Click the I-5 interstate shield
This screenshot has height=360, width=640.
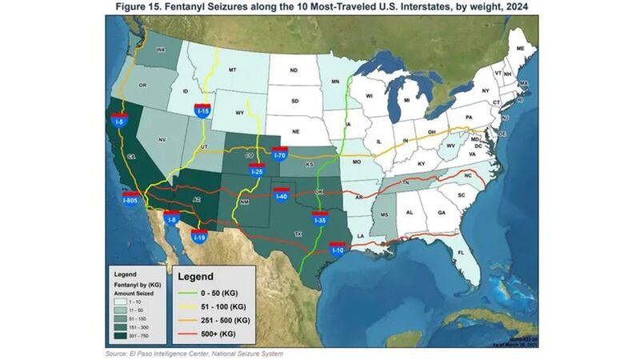pos(117,121)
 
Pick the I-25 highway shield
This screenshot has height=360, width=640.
pos(256,169)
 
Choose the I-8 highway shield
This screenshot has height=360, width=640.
pos(172,216)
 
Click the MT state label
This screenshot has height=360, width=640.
pos(233,70)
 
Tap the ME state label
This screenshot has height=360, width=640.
pos(521,50)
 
